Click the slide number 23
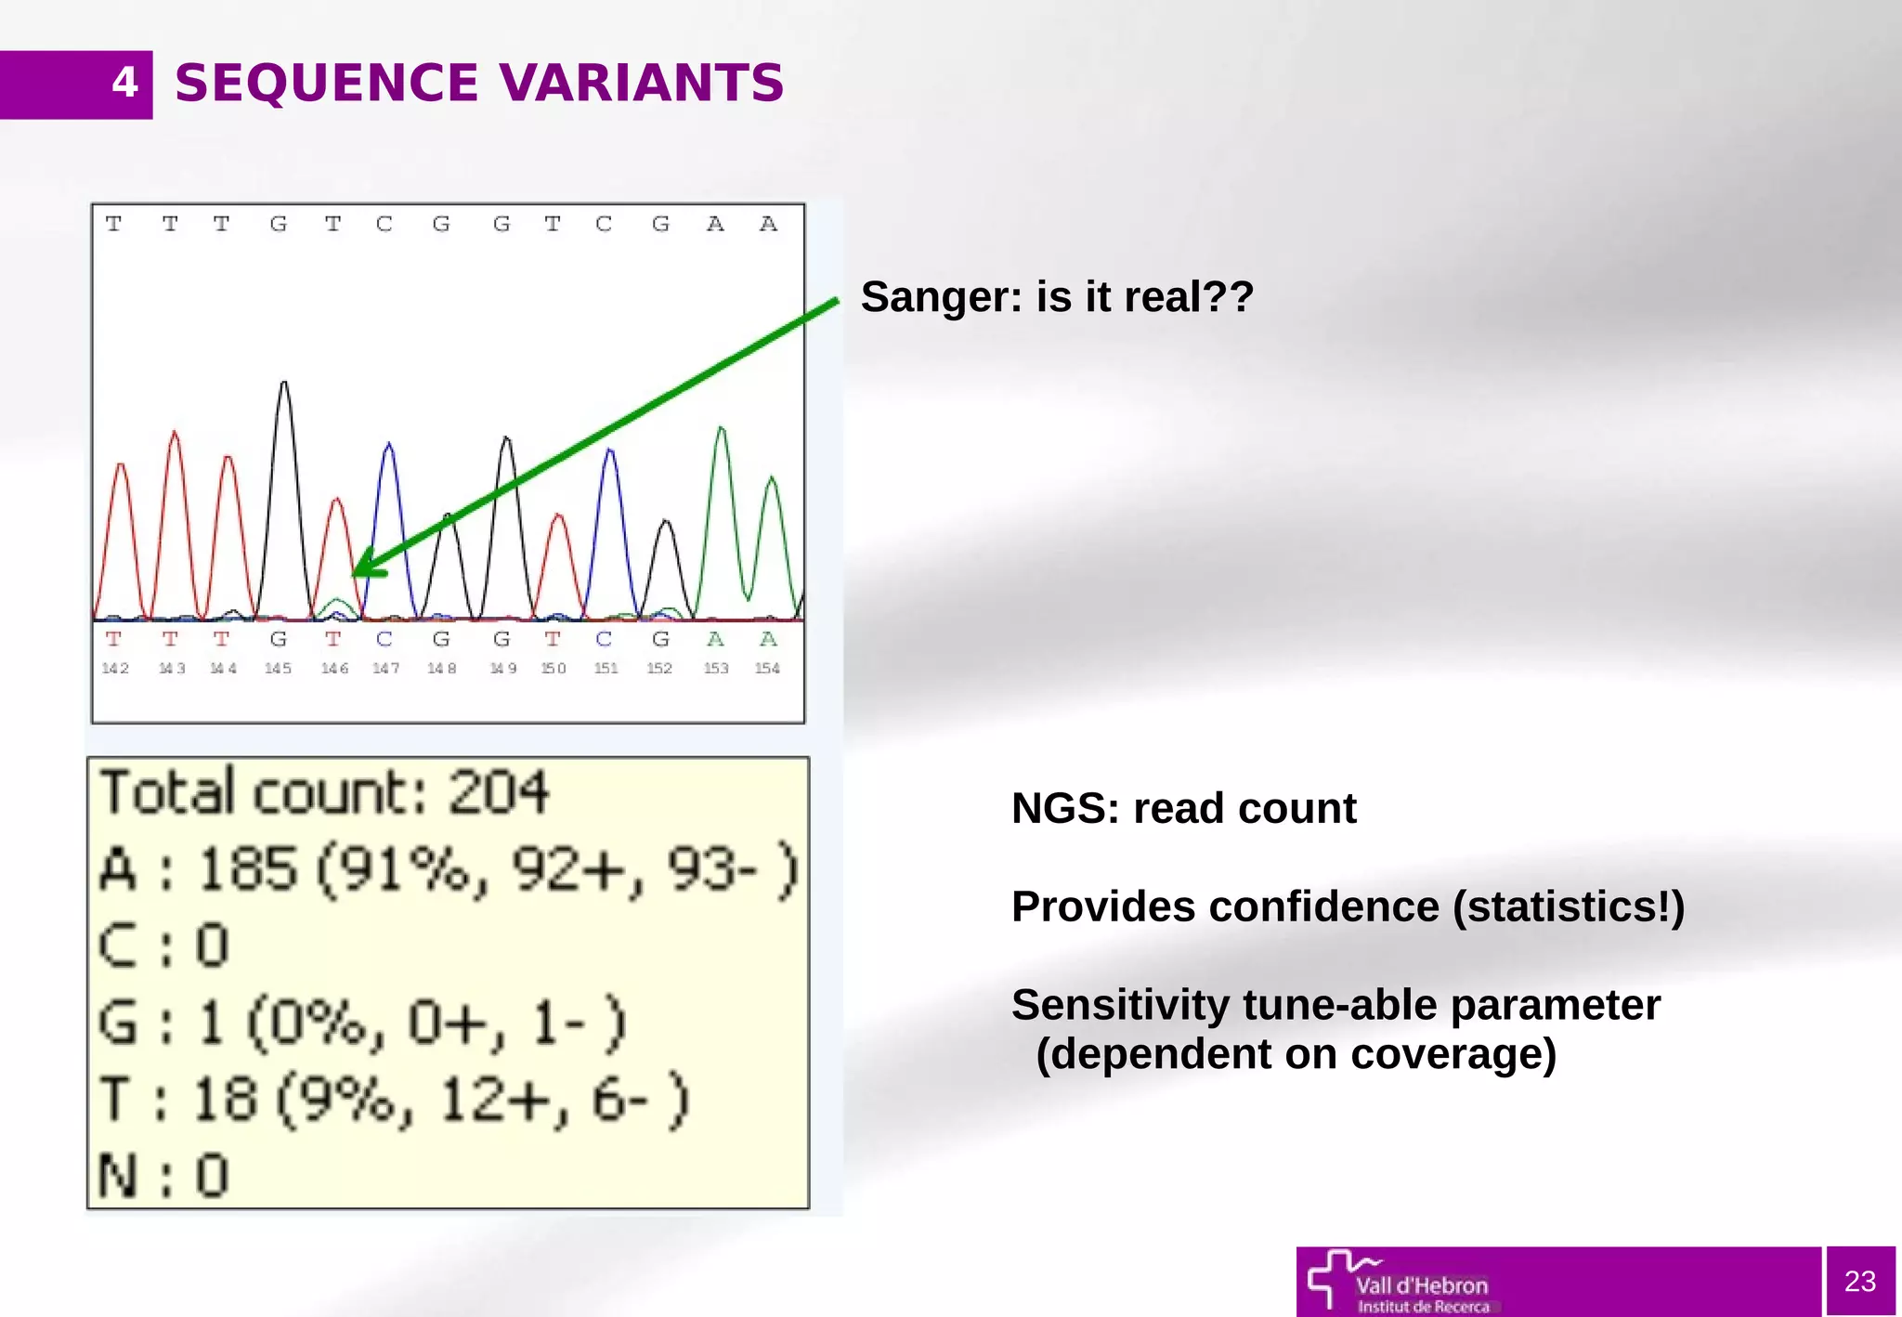tap(1859, 1282)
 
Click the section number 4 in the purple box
tap(124, 84)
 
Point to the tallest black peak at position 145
tap(284, 385)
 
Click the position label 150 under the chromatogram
tap(554, 668)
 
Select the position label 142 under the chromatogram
tap(115, 668)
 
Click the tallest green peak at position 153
tap(721, 430)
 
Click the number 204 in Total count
tap(499, 792)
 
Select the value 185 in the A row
tap(247, 870)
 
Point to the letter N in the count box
tap(118, 1177)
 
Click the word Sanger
tap(940, 298)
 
